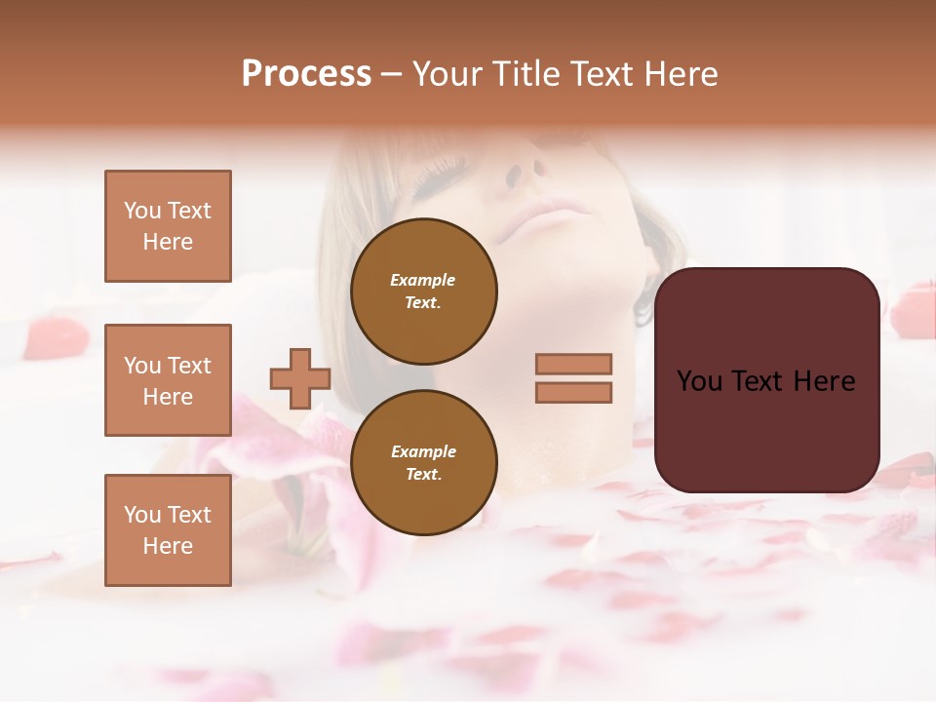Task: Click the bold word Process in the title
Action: (306, 74)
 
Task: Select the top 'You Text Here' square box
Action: (168, 226)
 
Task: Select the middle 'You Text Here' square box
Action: (168, 380)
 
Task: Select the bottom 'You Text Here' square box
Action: (168, 530)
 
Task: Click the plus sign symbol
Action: (299, 378)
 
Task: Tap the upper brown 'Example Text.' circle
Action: (423, 292)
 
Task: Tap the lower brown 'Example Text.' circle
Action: (423, 462)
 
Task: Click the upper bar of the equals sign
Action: (573, 364)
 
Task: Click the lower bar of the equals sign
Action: (573, 392)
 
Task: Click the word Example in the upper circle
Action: (422, 280)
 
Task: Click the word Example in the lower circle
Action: (423, 451)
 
